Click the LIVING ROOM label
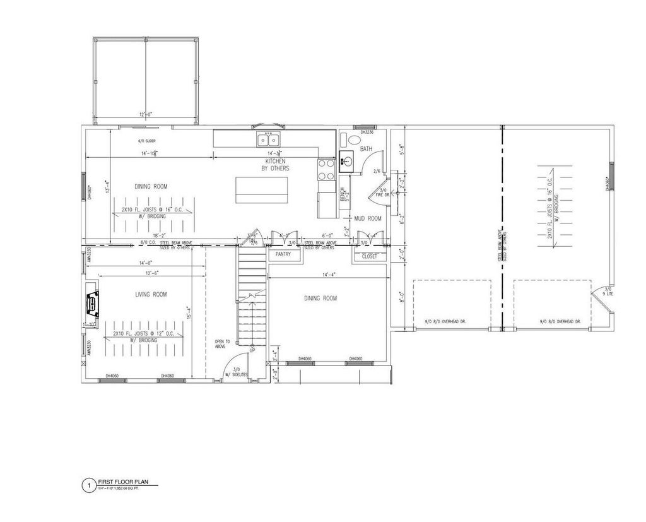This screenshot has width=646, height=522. coord(151,294)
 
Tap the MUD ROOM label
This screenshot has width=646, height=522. coord(368,218)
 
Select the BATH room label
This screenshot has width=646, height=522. coord(367,149)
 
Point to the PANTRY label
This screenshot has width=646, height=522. coord(283,254)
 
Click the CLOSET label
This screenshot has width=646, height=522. coord(369,256)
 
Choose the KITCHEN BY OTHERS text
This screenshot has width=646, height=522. coord(276,165)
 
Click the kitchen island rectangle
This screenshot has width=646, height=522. coord(261,189)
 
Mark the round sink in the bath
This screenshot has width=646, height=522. coord(346,162)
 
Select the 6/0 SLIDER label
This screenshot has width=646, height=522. coord(146,141)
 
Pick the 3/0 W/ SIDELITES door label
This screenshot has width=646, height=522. coord(239,372)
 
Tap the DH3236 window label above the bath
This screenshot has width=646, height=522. coord(368,132)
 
